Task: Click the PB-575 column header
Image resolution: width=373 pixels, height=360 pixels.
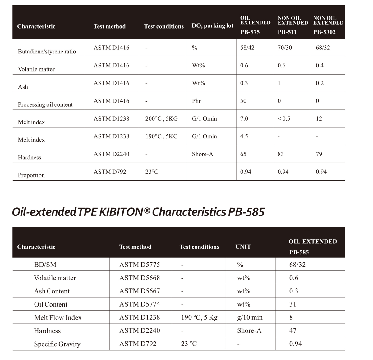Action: tap(250, 32)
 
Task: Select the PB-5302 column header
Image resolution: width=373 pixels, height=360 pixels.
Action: tap(325, 32)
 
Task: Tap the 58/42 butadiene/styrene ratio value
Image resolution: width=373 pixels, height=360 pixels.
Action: tap(247, 48)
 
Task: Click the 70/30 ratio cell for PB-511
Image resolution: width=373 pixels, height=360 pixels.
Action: tap(285, 48)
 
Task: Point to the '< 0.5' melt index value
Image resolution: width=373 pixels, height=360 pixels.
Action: tap(284, 118)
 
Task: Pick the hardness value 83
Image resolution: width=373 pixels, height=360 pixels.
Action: tap(281, 154)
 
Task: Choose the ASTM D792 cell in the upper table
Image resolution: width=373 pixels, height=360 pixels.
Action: tap(110, 172)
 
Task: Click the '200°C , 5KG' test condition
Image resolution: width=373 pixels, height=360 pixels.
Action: tap(162, 118)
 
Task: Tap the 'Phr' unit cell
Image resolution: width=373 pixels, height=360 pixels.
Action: tap(196, 101)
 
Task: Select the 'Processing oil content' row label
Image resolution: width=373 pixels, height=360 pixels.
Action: tap(45, 104)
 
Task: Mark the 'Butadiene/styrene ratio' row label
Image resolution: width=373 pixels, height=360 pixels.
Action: tap(47, 51)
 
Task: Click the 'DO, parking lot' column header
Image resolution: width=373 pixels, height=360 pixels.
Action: tap(212, 26)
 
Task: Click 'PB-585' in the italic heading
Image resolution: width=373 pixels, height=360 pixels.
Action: tap(246, 212)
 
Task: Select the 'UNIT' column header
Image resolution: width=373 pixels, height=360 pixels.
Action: tap(243, 247)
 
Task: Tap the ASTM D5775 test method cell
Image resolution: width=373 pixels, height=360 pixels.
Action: tap(140, 265)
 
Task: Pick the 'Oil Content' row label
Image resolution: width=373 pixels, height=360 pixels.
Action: tap(51, 304)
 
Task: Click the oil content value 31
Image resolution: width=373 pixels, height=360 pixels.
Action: tap(293, 304)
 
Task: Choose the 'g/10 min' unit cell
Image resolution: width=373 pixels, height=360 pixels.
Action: tap(250, 317)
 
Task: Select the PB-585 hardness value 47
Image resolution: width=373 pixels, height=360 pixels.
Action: tap(293, 330)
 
